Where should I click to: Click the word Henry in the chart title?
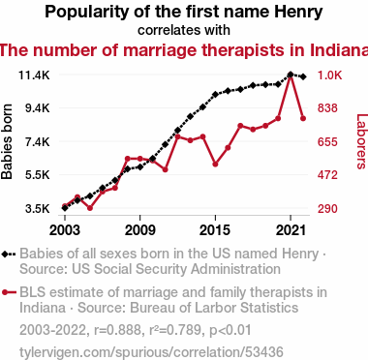click(x=298, y=13)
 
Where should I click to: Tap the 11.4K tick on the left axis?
click(x=34, y=75)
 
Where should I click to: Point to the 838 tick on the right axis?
click(x=327, y=108)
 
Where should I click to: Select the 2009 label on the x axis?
click(x=139, y=230)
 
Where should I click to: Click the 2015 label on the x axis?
click(x=215, y=230)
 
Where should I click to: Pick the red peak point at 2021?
click(x=291, y=76)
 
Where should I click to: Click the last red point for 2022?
click(x=303, y=119)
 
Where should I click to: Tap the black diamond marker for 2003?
click(x=65, y=208)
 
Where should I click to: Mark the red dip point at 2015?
click(x=215, y=165)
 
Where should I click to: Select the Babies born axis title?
click(x=7, y=141)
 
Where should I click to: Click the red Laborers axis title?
click(x=362, y=141)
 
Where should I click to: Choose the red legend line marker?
click(x=9, y=292)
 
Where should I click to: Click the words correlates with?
click(x=184, y=30)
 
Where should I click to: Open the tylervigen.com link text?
click(x=151, y=352)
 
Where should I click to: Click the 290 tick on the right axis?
click(x=327, y=209)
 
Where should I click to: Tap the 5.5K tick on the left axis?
click(x=38, y=175)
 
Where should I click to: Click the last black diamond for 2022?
click(x=303, y=76)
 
